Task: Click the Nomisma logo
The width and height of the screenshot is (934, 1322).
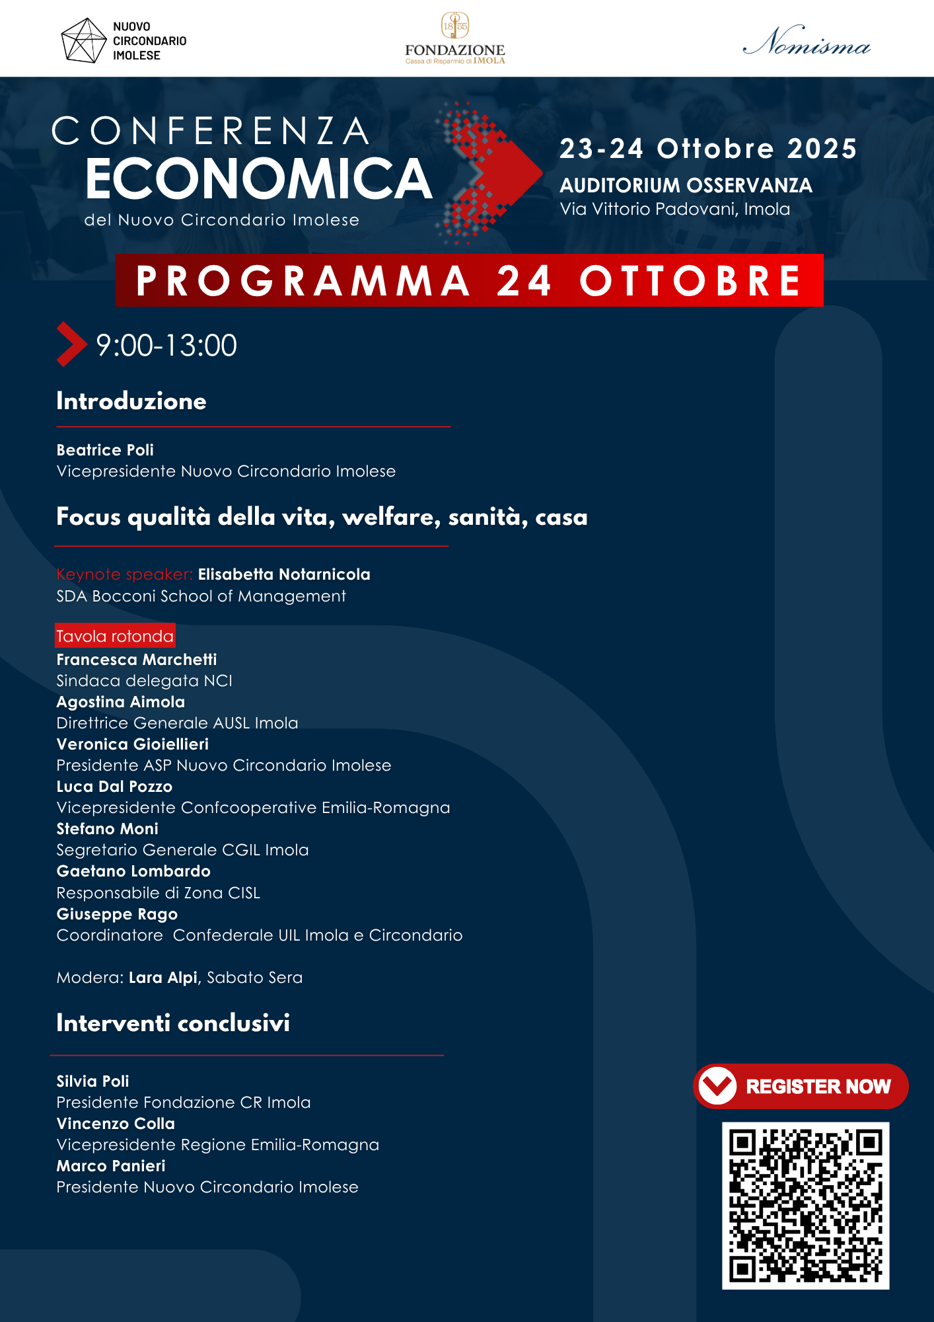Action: point(807,42)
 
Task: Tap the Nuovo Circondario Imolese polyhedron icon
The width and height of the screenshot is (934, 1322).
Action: point(83,41)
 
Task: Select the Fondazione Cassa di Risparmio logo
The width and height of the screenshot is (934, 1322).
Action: point(455,39)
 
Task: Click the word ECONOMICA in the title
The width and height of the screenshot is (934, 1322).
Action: point(258,179)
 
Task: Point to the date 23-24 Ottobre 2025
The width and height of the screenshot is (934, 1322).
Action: point(707,149)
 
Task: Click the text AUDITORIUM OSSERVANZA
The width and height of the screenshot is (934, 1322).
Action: point(686,186)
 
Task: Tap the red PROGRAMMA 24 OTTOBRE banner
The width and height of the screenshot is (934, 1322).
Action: point(469,280)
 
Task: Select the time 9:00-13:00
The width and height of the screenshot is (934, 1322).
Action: point(166,346)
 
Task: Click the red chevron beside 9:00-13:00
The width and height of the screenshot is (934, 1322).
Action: point(71,344)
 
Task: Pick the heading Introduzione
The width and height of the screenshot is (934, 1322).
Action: point(131,401)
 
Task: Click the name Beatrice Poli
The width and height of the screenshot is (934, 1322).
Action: point(105,450)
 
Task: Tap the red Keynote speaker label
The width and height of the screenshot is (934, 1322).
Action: point(124,574)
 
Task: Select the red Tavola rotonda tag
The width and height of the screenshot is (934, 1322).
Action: point(115,636)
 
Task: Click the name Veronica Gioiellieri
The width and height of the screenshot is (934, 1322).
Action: point(132,744)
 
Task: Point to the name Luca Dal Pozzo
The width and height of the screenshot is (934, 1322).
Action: point(114,787)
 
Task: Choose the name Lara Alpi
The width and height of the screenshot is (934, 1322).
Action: point(163,978)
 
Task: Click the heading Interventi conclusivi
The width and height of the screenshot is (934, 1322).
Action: point(173,1023)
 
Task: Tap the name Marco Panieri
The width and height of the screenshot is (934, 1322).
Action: point(111,1166)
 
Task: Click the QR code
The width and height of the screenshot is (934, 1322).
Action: point(805,1205)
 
